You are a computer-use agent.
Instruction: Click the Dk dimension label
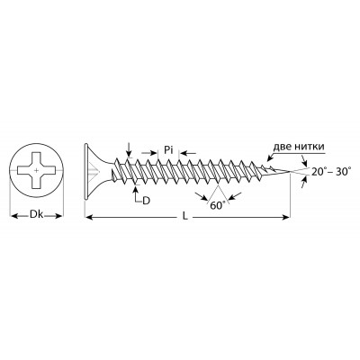pos(37,215)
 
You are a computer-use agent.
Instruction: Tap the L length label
pos(185,217)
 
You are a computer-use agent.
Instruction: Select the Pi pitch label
pos(168,149)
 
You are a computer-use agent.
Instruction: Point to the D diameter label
pos(146,201)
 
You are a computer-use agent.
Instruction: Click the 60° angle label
pos(218,206)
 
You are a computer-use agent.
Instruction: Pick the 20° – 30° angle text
pos(331,172)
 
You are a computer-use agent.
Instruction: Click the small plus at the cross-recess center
pos(37,170)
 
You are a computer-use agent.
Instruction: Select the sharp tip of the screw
pos(290,171)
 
